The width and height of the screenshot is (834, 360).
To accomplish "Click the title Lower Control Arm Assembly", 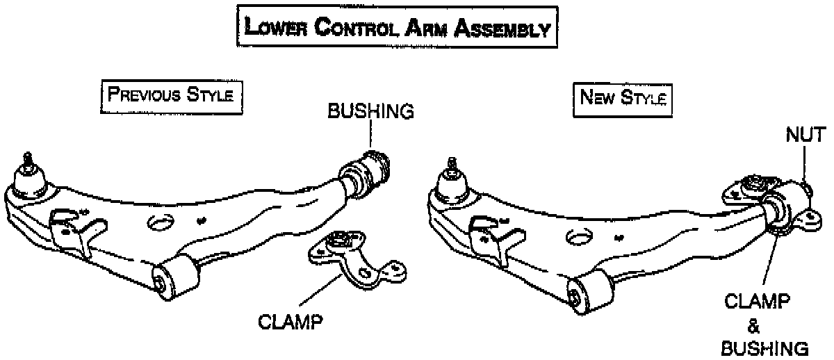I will click(x=398, y=28).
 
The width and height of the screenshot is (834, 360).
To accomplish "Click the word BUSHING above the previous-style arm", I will click(x=370, y=111).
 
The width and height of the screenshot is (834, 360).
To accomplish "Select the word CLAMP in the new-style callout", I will click(x=757, y=302).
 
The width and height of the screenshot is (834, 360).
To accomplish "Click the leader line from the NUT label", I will click(x=803, y=164).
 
